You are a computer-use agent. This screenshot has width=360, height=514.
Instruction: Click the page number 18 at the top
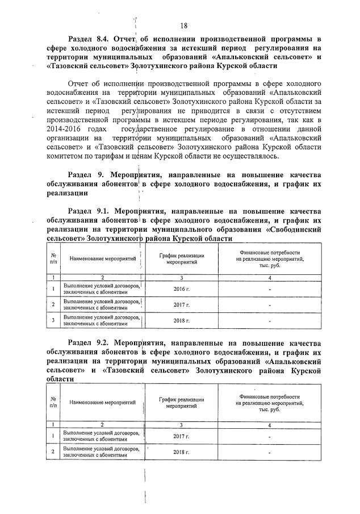184,25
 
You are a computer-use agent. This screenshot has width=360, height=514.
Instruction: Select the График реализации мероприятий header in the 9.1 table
181,259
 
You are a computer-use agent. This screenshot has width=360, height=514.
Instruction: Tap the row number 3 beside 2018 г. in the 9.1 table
53,320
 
